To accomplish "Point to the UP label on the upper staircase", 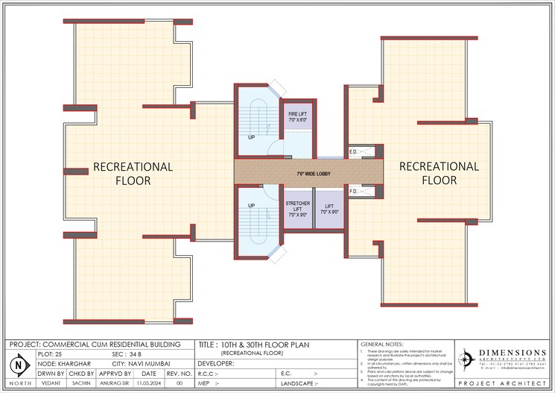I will tap(252, 136).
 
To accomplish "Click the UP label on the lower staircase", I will tap(252, 206).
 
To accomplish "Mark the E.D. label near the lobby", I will tap(353, 152).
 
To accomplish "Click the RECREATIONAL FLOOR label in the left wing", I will tap(133, 173).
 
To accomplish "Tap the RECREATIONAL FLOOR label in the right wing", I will tap(439, 173).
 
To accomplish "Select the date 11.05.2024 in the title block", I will tap(148, 382).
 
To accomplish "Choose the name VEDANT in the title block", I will tap(51, 382).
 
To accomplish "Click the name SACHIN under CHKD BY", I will tap(81, 382).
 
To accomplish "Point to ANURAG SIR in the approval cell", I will tap(115, 382).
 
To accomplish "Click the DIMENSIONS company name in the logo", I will tap(512, 353).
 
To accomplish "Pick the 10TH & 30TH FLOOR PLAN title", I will tap(265, 345).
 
